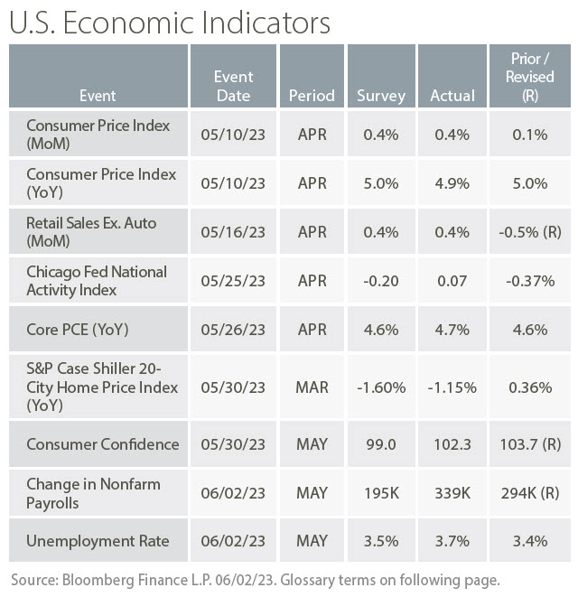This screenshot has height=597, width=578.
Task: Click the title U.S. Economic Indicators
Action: tap(170, 22)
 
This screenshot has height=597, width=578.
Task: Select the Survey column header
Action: tap(381, 95)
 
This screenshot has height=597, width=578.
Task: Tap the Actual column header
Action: tap(452, 95)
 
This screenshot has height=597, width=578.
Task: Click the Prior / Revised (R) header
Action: tap(529, 77)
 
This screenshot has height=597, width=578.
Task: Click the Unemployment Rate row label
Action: tap(97, 541)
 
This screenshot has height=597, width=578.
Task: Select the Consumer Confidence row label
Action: tap(102, 444)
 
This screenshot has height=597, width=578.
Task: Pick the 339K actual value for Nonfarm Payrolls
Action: tap(452, 493)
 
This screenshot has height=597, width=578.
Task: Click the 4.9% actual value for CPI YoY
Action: tap(452, 183)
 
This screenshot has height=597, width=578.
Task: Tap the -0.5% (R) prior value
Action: tap(529, 232)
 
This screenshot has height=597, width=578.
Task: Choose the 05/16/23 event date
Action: tap(233, 232)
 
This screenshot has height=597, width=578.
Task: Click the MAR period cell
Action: tap(312, 387)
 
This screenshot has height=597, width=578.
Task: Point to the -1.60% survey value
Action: tap(381, 387)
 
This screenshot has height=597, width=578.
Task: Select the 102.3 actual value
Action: tap(452, 444)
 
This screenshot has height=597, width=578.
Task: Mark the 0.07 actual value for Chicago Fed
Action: tap(452, 281)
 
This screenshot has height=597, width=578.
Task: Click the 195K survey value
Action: tap(381, 493)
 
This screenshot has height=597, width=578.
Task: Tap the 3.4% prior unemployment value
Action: tap(529, 541)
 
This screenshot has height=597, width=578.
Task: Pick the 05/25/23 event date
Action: tap(233, 281)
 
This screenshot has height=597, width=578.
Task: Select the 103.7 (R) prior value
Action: tap(529, 444)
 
